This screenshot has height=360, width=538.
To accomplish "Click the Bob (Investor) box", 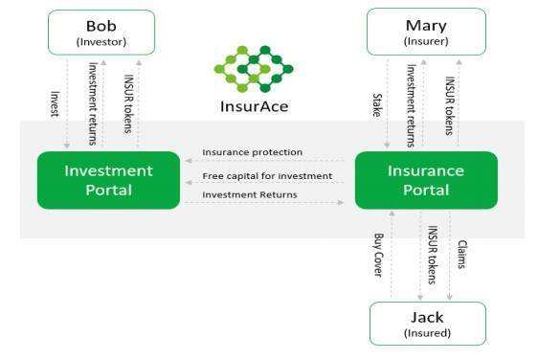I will point(101,33).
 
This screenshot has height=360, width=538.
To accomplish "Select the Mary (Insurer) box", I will point(425,33).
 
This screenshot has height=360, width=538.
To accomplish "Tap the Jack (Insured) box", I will point(427,324).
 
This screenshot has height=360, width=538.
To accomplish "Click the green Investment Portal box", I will point(108,179).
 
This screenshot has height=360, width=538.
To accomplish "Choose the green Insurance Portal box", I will point(426,179).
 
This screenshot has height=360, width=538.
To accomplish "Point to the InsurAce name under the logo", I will point(253,106).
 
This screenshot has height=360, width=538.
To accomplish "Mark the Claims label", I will point(462,254).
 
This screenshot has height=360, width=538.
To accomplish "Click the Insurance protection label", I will point(253,152).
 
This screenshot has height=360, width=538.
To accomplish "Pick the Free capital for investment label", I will point(267,176).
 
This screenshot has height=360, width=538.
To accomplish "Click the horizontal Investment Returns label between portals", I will point(250,194).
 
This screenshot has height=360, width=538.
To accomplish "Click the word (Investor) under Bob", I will point(101,42).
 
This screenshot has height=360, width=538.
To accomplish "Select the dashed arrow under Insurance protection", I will point(267,161).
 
